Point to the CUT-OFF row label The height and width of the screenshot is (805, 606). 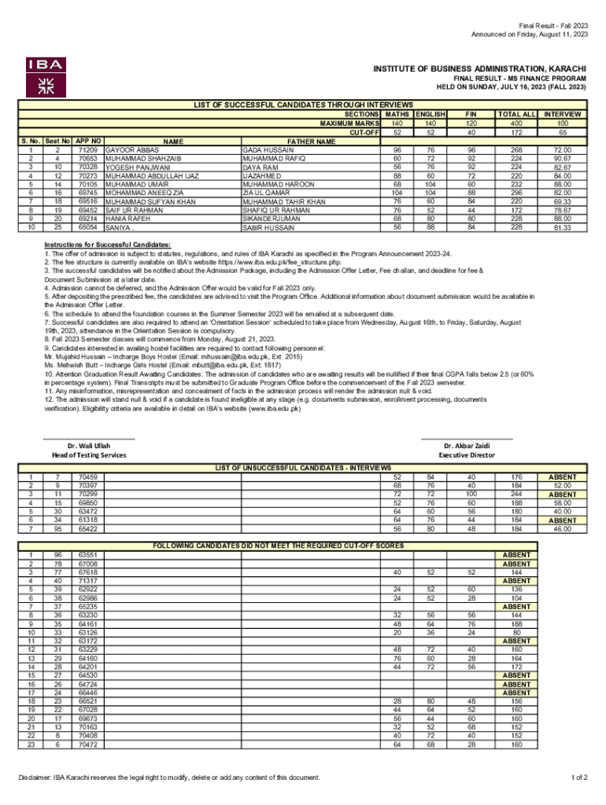pyautogui.click(x=364, y=131)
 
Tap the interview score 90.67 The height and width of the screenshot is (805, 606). pyautogui.click(x=562, y=158)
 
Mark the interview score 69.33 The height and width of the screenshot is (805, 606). pyautogui.click(x=562, y=201)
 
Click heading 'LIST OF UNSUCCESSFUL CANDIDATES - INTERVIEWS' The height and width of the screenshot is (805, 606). pyautogui.click(x=302, y=468)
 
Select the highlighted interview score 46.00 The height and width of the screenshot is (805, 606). pyautogui.click(x=562, y=529)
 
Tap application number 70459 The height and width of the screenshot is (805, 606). pyautogui.click(x=87, y=477)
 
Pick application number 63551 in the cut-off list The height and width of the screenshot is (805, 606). pyautogui.click(x=87, y=555)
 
